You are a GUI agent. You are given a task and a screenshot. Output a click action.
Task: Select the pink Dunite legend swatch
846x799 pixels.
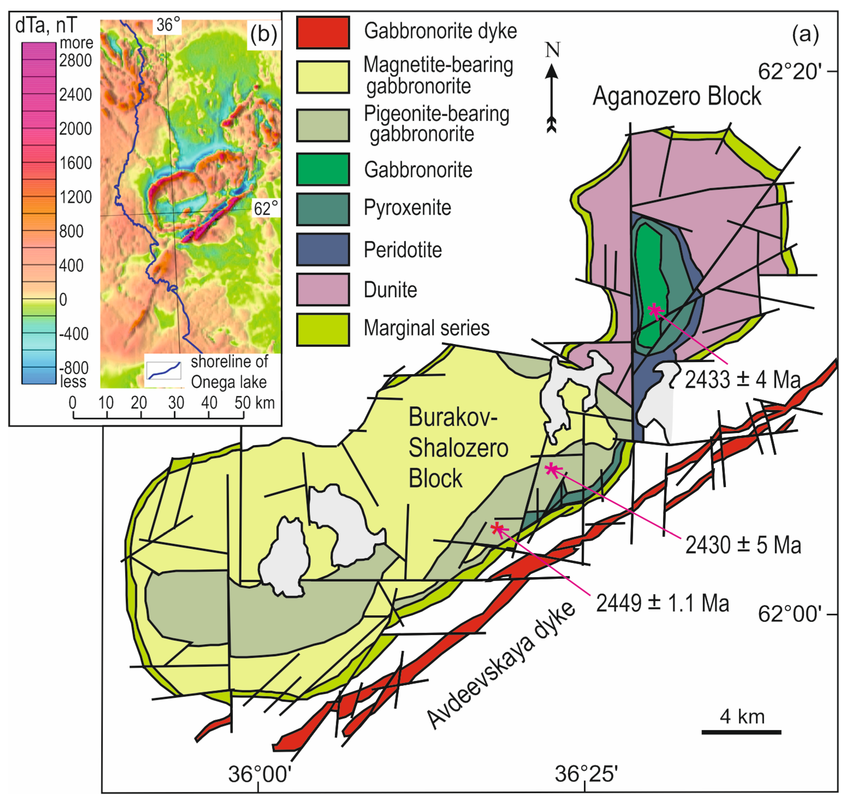(x=323, y=290)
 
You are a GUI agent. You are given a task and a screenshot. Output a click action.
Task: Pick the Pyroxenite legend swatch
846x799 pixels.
(x=323, y=209)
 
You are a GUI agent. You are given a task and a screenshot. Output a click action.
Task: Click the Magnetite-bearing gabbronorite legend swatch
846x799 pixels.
(x=323, y=77)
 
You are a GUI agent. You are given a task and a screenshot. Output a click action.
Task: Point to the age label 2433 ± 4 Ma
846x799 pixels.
(x=743, y=380)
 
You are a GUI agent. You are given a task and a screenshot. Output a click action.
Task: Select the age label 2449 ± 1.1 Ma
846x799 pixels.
(x=662, y=603)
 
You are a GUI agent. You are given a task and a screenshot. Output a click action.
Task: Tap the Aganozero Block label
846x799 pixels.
(x=676, y=96)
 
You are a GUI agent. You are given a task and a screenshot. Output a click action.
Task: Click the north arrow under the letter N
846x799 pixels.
(x=552, y=98)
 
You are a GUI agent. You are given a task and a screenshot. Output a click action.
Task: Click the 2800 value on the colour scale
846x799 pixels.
(x=75, y=61)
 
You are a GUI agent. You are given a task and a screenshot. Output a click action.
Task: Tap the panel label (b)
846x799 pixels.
(x=263, y=34)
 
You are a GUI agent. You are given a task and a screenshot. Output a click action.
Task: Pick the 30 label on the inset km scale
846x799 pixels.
(x=176, y=403)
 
